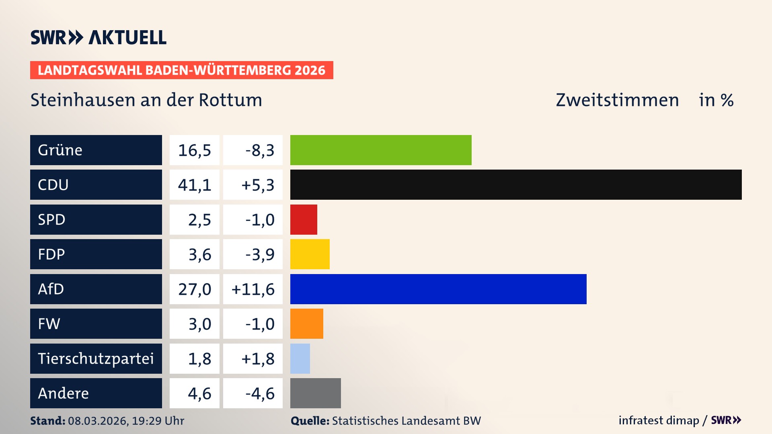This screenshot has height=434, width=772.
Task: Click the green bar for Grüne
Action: click(x=381, y=150)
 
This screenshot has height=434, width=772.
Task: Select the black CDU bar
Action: click(x=516, y=185)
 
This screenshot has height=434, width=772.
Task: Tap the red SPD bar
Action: click(x=304, y=219)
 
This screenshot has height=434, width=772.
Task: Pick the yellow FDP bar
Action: click(x=310, y=254)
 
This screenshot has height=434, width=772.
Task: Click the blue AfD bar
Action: click(x=438, y=289)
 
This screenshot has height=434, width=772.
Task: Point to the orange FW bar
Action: click(x=306, y=323)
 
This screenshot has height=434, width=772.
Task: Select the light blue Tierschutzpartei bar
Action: click(x=300, y=358)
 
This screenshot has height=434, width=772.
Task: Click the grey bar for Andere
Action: click(x=315, y=393)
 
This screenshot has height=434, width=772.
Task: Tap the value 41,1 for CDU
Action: click(x=195, y=185)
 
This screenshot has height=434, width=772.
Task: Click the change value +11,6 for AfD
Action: click(x=253, y=289)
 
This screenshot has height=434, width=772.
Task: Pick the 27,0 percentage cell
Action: click(x=195, y=289)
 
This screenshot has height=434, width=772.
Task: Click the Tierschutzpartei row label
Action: click(x=96, y=358)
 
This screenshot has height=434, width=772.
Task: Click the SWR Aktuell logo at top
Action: click(x=99, y=37)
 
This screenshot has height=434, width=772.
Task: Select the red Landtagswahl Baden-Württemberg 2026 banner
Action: click(x=181, y=70)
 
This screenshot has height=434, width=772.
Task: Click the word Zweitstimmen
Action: click(x=617, y=100)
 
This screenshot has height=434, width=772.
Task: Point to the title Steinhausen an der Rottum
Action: click(x=146, y=100)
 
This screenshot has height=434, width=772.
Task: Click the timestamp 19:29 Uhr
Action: click(x=158, y=421)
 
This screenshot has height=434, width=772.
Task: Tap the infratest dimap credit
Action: click(x=658, y=420)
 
